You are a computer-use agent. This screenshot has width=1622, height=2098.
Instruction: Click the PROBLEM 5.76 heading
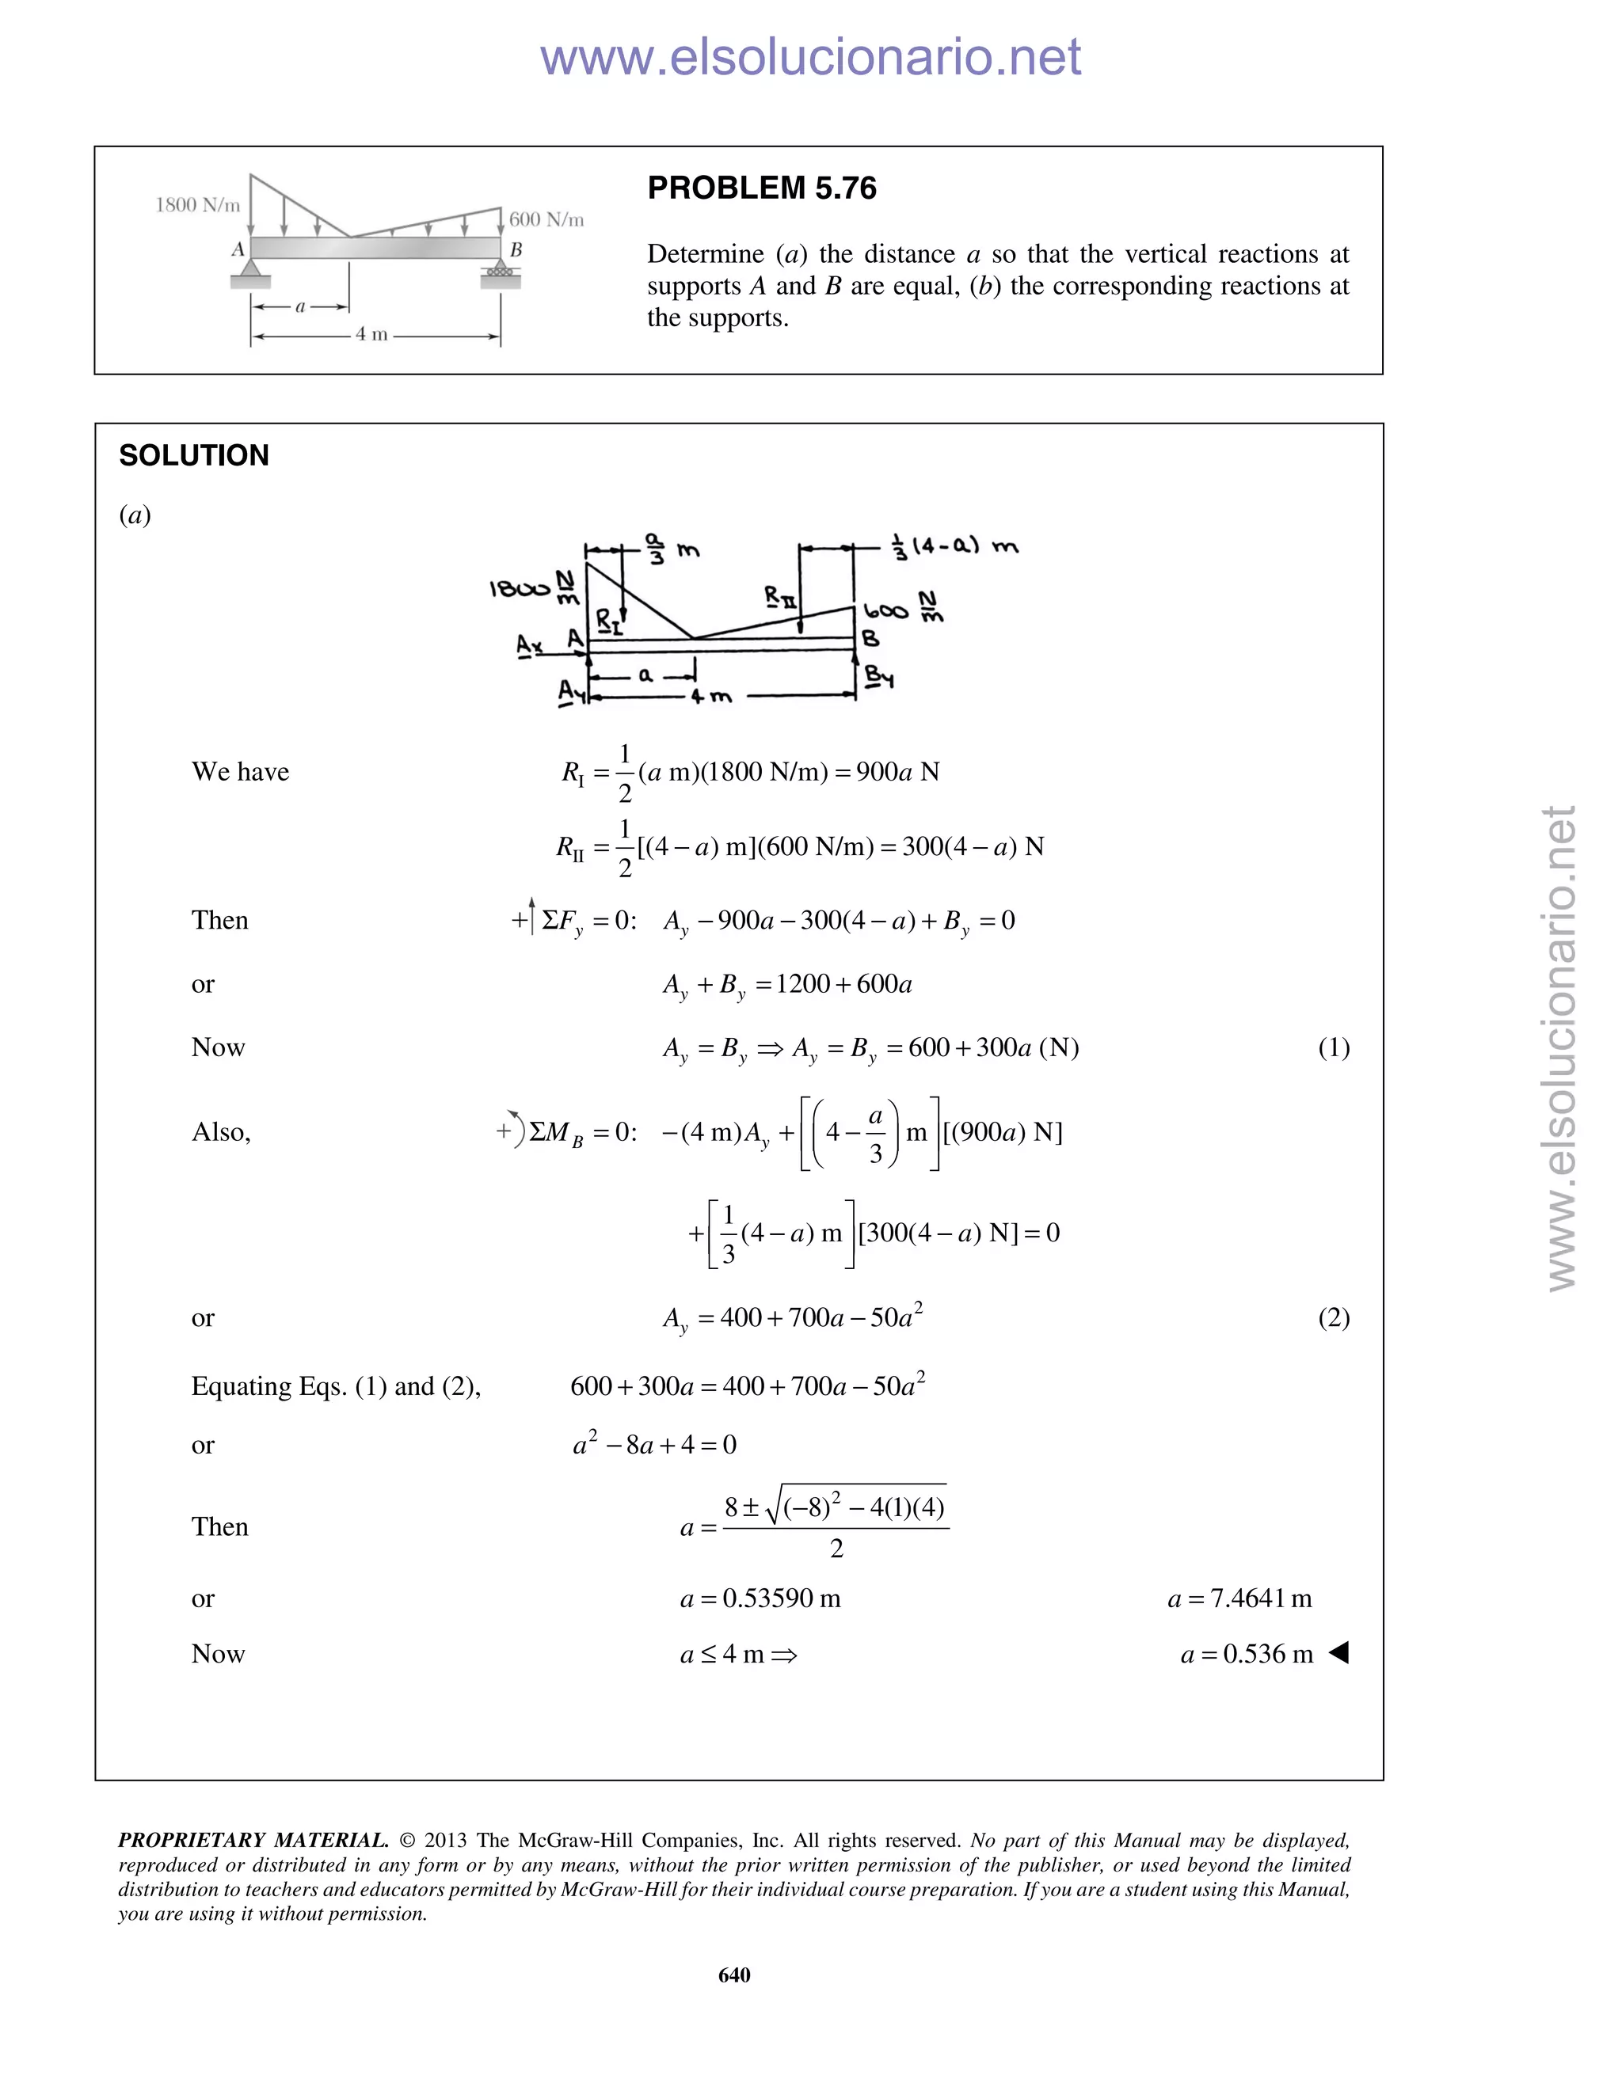761,188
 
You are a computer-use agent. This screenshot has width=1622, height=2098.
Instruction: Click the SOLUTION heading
193,455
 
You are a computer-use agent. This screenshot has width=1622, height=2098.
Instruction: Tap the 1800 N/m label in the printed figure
198,204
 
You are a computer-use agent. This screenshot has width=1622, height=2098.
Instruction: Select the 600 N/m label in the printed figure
546,220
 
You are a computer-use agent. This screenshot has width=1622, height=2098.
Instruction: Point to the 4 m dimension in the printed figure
372,334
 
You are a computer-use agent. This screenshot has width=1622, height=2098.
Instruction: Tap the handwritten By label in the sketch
878,676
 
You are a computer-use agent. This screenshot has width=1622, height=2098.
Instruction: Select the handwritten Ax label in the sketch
528,645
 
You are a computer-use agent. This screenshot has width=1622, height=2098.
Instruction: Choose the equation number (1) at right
1334,1047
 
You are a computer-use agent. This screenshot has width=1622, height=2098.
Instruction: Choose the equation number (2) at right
1334,1317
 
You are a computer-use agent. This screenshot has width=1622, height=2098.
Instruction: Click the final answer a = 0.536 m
1247,1654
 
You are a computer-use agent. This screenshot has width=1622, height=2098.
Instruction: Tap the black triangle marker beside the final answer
1338,1653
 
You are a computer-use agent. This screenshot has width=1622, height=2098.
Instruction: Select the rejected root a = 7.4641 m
1239,1598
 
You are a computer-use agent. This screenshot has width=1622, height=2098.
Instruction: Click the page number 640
734,1974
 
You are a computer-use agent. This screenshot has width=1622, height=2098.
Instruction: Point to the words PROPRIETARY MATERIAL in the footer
253,1840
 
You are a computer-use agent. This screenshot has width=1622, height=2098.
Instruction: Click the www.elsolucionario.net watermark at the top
810,58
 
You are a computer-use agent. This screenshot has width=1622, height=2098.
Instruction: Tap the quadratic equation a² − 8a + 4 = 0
654,1445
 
